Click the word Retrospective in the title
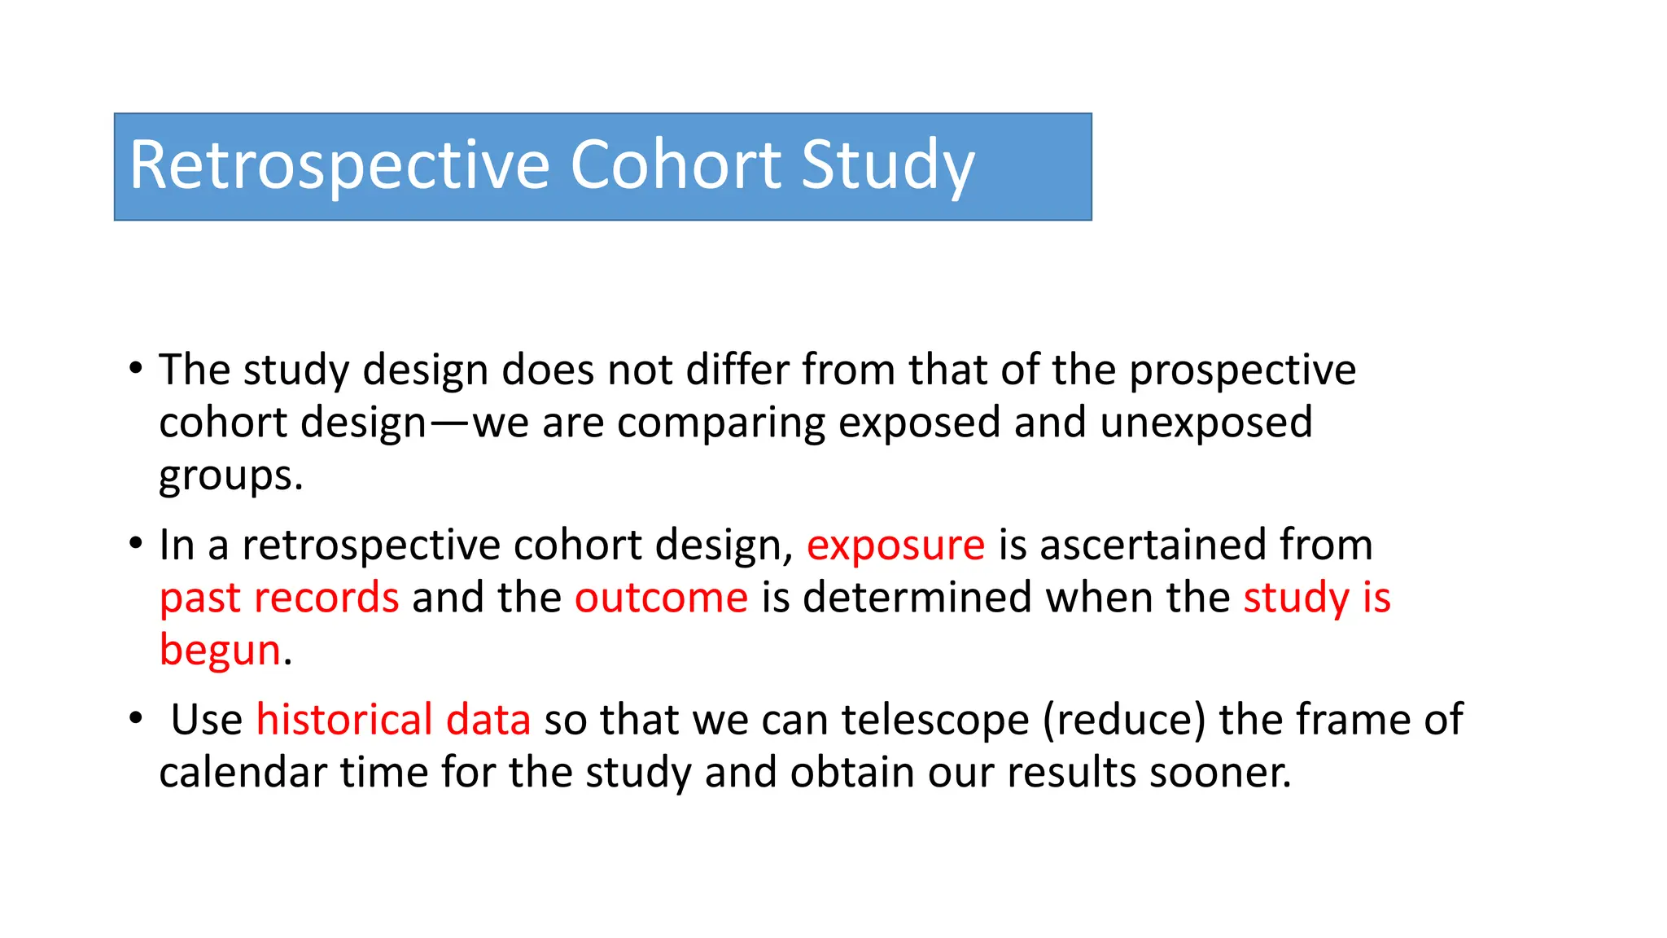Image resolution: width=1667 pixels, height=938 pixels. pyautogui.click(x=339, y=165)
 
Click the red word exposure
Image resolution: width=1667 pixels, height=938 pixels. pyautogui.click(x=895, y=545)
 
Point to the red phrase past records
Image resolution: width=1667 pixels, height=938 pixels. pyautogui.click(x=279, y=598)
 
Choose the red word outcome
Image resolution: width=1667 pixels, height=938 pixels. pyautogui.click(x=661, y=598)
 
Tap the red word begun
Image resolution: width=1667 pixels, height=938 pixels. pyautogui.click(x=220, y=650)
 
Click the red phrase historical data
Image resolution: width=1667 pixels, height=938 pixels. pyautogui.click(x=393, y=720)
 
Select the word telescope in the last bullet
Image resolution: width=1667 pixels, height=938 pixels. pyautogui.click(x=935, y=720)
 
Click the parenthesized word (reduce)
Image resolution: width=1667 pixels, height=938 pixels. pyautogui.click(x=1124, y=720)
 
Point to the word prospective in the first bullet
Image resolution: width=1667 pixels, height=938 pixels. pyautogui.click(x=1242, y=370)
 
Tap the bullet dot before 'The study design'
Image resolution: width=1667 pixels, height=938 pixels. pyautogui.click(x=136, y=368)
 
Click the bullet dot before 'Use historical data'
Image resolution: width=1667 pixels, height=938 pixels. pyautogui.click(x=136, y=718)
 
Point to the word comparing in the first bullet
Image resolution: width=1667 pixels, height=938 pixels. pyautogui.click(x=720, y=423)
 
